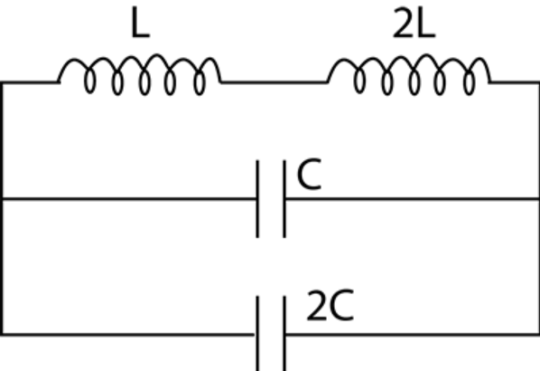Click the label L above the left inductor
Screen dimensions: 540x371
coord(141,22)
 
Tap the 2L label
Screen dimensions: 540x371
coord(414,23)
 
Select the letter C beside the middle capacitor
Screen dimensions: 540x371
coord(309,174)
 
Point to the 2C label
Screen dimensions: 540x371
coord(331,306)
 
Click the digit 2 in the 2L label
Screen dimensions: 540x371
coord(404,23)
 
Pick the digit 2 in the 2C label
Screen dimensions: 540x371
coord(317,306)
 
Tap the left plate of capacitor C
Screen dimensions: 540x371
coord(257,199)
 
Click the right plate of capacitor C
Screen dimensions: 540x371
coord(284,199)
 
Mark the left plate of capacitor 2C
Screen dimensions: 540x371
coord(257,333)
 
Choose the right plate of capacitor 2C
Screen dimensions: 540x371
coord(284,333)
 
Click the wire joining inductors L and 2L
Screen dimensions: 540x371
coord(274,82)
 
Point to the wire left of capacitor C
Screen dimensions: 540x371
coord(129,199)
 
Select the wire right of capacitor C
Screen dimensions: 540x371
coord(413,199)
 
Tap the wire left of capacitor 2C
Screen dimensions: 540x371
coord(128,335)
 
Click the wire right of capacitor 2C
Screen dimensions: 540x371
coord(413,335)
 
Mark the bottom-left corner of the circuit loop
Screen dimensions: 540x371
coord(2,335)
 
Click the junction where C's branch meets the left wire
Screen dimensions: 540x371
coord(3,199)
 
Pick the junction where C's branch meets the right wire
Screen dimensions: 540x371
coord(538,199)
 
